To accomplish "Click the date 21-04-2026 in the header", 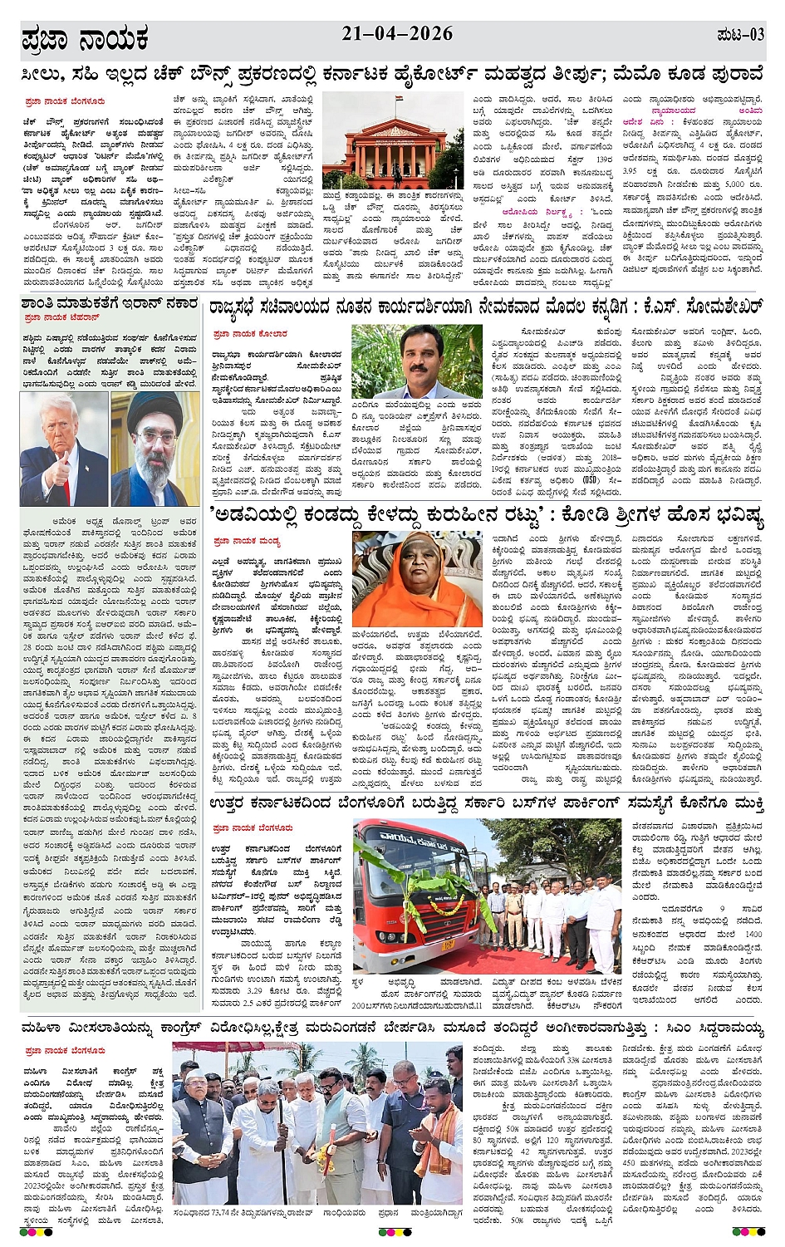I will pyautogui.click(x=397, y=34).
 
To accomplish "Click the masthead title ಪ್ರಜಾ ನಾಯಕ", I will pyautogui.click(x=85, y=39).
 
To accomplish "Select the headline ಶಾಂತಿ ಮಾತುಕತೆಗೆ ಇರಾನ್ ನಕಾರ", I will pyautogui.click(x=110, y=304).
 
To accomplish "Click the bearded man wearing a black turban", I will pyautogui.click(x=155, y=449).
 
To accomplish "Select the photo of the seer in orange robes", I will pyautogui.click(x=406, y=580).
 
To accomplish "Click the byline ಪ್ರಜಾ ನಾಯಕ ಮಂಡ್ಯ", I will pyautogui.click(x=247, y=541).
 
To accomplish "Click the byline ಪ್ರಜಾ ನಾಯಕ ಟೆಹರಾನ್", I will pyautogui.click(x=62, y=317).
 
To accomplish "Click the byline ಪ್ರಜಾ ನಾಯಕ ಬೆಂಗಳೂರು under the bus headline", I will pyautogui.click(x=253, y=828).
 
